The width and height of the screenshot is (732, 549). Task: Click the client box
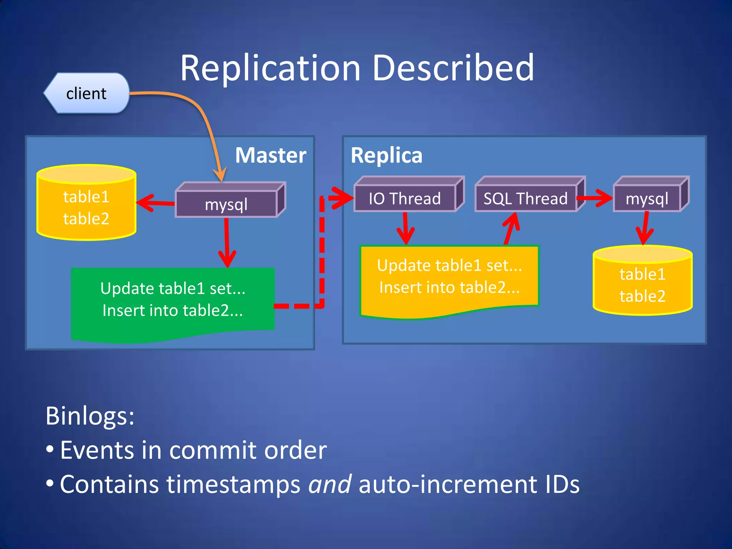tap(86, 93)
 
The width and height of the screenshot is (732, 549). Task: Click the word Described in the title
tap(453, 68)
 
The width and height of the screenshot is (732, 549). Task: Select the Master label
tap(271, 155)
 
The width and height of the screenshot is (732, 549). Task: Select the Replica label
tap(386, 155)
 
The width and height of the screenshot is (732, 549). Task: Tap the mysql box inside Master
tap(226, 204)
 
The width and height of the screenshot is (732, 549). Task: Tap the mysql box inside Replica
tap(647, 198)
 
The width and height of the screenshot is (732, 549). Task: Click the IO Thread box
tap(405, 198)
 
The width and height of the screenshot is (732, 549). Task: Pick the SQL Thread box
tap(525, 198)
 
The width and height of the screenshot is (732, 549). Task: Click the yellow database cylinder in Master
tap(86, 207)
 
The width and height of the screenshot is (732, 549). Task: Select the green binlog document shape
tap(173, 300)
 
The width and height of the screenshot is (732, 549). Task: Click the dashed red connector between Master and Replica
tap(322, 257)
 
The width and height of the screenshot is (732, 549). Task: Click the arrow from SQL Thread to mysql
tap(595, 198)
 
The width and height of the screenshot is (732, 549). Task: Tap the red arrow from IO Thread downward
tap(406, 229)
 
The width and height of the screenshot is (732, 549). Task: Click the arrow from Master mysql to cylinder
tap(155, 203)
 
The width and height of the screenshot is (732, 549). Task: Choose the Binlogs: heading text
tap(90, 416)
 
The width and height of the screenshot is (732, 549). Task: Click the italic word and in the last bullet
tap(330, 484)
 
